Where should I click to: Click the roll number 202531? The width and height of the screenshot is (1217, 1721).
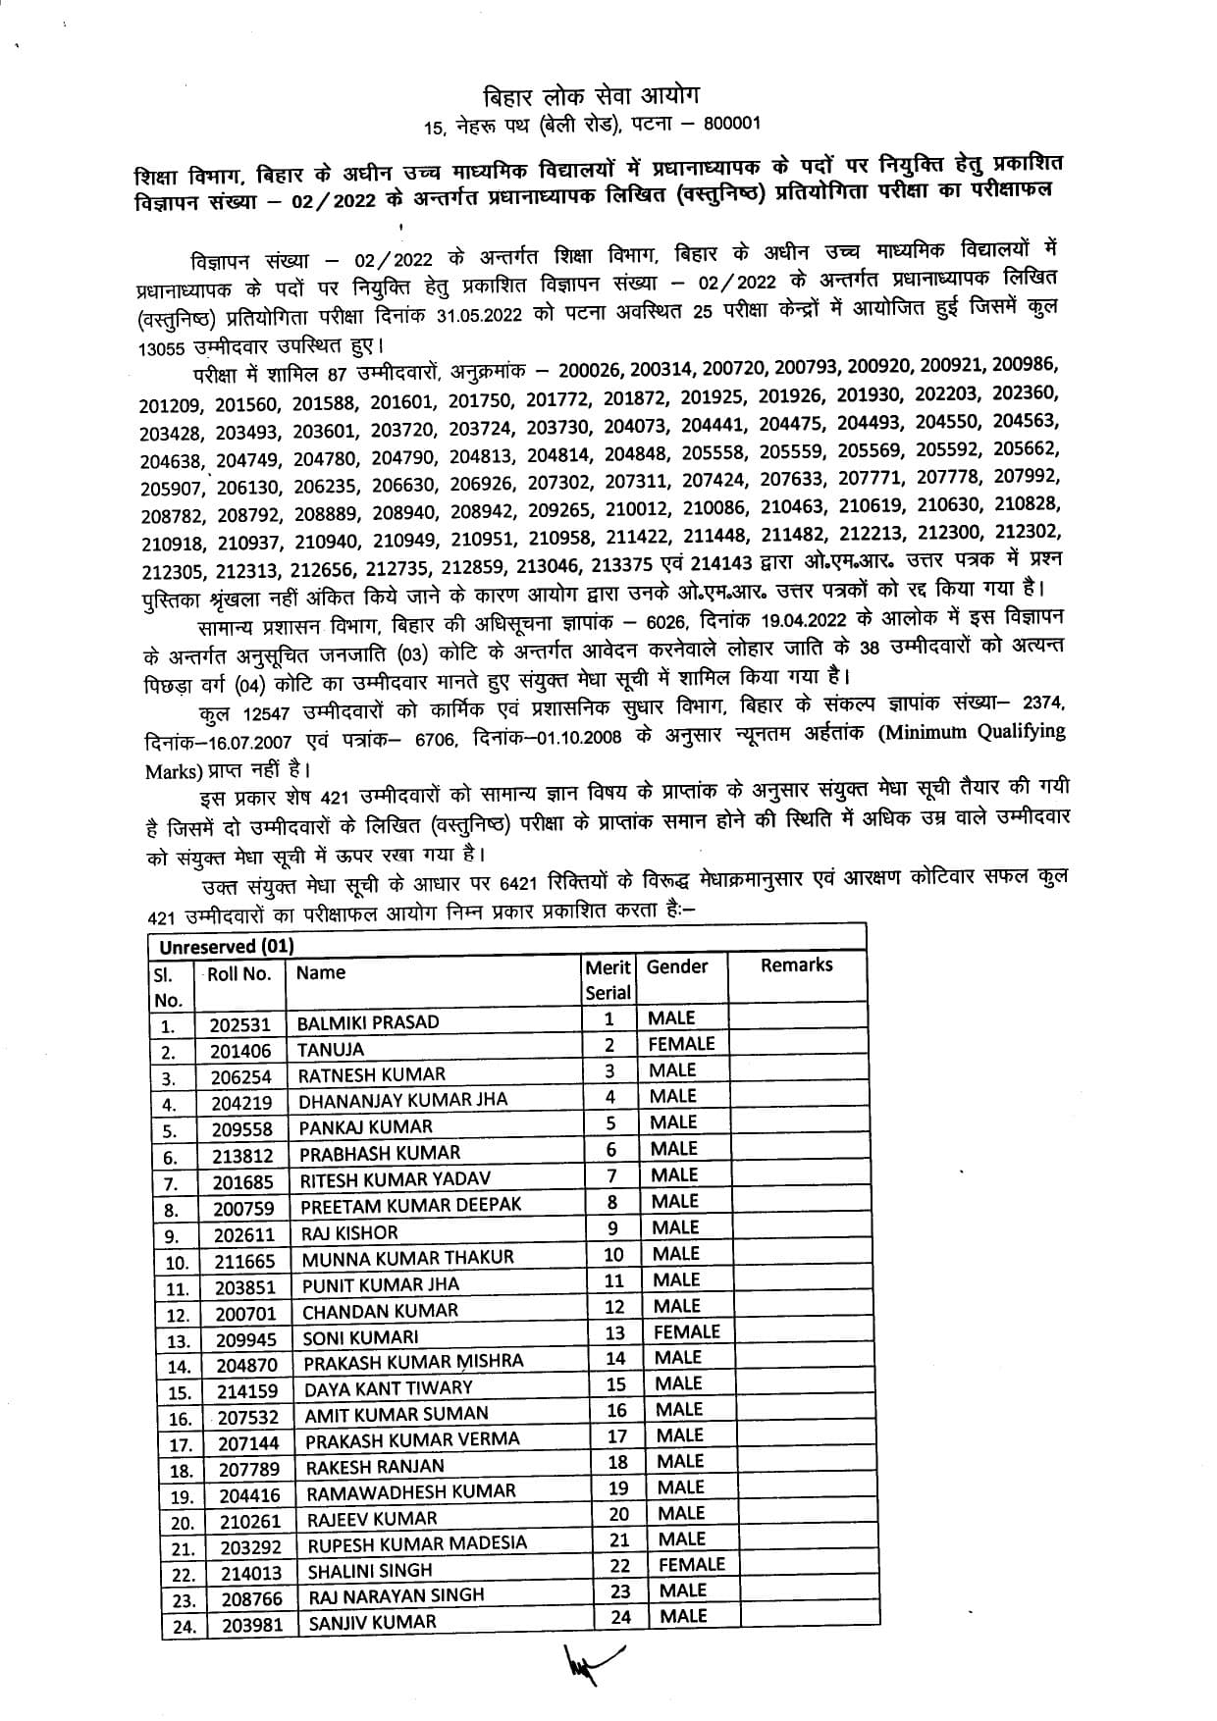239,1024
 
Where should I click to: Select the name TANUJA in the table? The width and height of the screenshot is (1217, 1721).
331,1050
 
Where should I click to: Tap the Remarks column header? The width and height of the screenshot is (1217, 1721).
796,965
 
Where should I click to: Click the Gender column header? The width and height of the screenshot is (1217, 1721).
676,967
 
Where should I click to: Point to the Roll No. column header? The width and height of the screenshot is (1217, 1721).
238,974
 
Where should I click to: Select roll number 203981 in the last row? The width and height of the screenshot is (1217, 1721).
252,1625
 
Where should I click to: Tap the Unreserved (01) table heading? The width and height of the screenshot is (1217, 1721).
227,947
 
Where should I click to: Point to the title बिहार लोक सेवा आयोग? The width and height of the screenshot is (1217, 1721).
592,97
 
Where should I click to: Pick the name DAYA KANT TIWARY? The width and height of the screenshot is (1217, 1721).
388,1388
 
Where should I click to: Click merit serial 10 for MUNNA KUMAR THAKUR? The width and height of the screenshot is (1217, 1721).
613,1254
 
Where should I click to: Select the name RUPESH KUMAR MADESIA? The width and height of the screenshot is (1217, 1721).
417,1544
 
